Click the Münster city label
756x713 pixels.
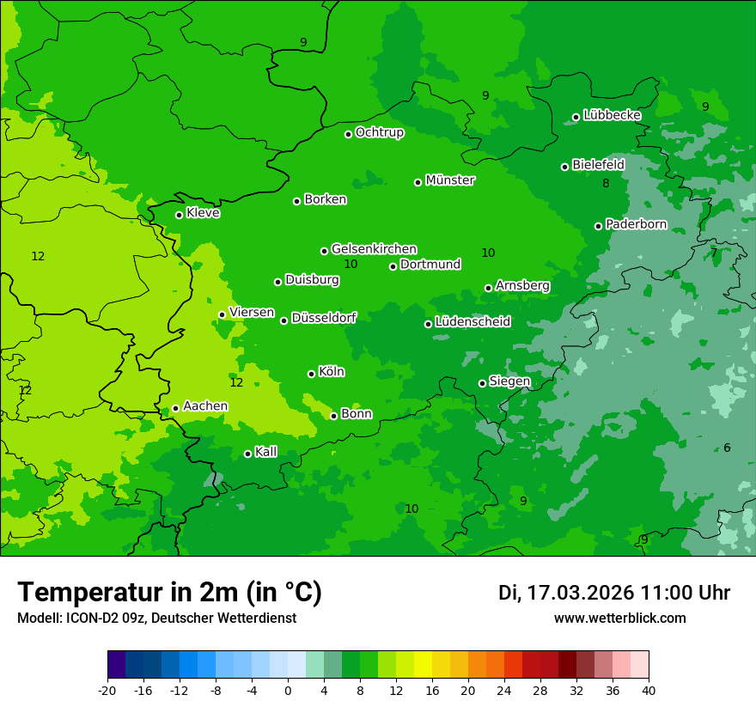tap(450, 180)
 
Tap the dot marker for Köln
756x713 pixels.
tap(311, 374)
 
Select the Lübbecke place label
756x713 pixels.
tap(612, 115)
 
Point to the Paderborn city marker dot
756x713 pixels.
tap(598, 226)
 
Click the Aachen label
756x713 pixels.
tap(205, 406)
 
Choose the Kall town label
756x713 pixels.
tap(266, 452)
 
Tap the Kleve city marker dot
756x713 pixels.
tap(179, 215)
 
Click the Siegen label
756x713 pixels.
tap(509, 381)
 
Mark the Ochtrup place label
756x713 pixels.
tap(380, 132)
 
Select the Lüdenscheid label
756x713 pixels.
tap(472, 322)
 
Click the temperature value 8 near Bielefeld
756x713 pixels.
tap(606, 183)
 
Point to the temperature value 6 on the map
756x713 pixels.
tap(727, 448)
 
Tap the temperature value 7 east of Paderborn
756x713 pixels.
tap(713, 253)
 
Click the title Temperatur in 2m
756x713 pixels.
tap(169, 592)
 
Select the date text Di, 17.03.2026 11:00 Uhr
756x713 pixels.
tap(614, 593)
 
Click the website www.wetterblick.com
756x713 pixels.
tap(620, 619)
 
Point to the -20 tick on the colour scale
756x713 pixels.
tap(107, 690)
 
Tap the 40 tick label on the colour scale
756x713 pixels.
tap(649, 690)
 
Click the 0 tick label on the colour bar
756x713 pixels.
tap(288, 690)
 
